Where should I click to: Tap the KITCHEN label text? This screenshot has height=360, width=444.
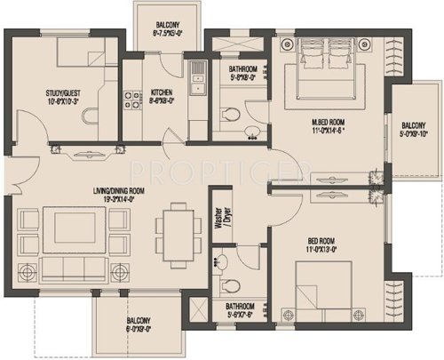coord(161,92)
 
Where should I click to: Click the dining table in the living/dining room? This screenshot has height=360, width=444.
coord(178,234)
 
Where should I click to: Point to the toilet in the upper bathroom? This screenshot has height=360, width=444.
coord(230,114)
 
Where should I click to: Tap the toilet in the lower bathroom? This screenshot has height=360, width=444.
coord(231,285)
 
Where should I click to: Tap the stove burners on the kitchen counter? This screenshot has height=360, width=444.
coord(136,92)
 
